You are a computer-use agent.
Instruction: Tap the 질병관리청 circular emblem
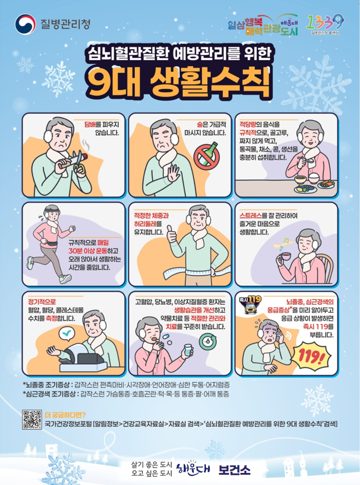coord(25,23)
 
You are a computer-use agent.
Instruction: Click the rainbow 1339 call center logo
coord(325,24)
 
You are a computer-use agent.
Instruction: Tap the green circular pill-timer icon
coord(208,341)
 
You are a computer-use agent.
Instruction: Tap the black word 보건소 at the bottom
coord(234,469)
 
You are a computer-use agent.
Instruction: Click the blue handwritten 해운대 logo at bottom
coord(194,468)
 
